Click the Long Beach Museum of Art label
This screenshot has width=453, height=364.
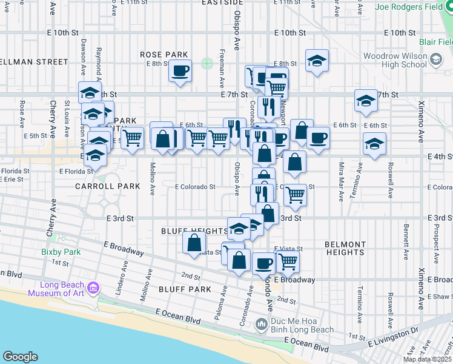coord(61,290)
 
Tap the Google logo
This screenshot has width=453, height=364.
coord(20,357)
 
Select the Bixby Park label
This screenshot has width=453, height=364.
coord(61,251)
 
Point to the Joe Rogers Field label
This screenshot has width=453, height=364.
coord(414,7)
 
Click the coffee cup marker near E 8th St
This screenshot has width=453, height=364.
coord(180,71)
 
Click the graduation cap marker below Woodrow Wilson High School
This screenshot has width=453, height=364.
coord(366,101)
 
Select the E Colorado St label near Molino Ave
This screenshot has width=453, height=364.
coord(195,187)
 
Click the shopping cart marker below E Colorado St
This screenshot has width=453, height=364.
coord(295,195)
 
